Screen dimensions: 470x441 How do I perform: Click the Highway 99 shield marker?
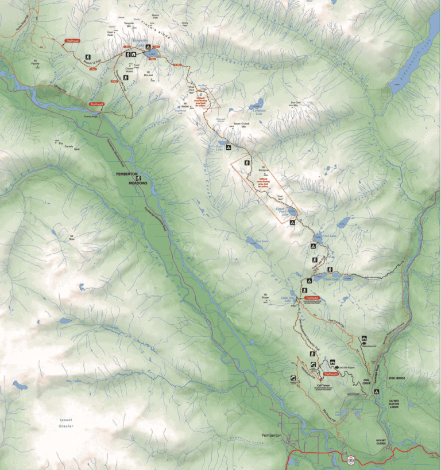coord(350,460)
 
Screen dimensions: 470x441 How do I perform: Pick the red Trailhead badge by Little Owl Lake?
coord(312,298)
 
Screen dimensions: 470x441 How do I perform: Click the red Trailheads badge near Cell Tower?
coord(330,374)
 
